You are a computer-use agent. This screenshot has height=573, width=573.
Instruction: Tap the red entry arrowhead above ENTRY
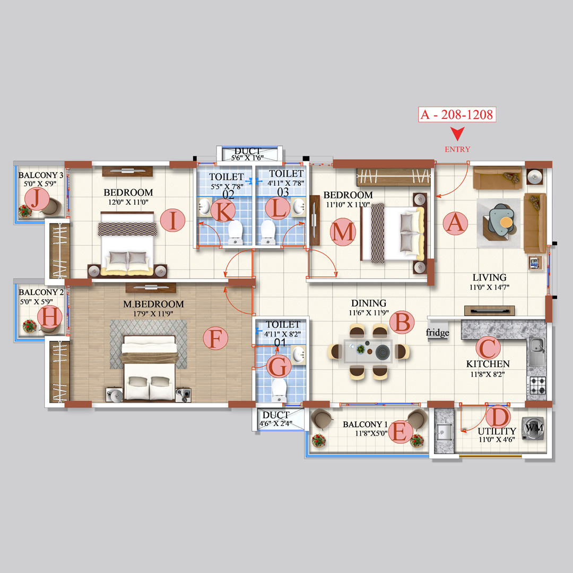coord(457,134)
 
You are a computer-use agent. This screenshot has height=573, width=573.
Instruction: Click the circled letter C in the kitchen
coord(488,348)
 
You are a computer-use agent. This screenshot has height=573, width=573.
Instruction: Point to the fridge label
coord(438,333)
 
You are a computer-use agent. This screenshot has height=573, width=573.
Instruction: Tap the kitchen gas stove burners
coord(536,385)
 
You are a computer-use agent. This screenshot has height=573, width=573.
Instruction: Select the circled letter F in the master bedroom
coord(215,338)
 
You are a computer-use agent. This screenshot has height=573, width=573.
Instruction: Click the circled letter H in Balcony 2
coord(50,318)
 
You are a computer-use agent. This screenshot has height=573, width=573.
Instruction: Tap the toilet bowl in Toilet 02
coord(235,232)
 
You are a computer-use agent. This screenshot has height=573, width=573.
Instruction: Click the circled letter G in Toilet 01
coord(278,366)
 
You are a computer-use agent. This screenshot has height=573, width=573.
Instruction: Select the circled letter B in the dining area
coord(402,322)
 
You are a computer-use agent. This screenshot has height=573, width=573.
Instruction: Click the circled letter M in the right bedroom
coord(342,232)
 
